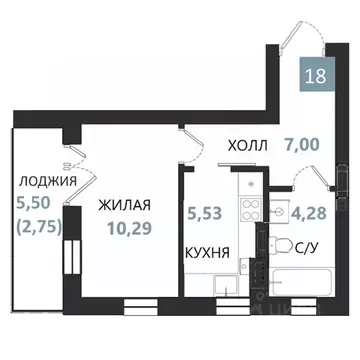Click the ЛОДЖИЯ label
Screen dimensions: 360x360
(x=48, y=181)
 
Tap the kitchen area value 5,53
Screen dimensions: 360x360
(x=203, y=213)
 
